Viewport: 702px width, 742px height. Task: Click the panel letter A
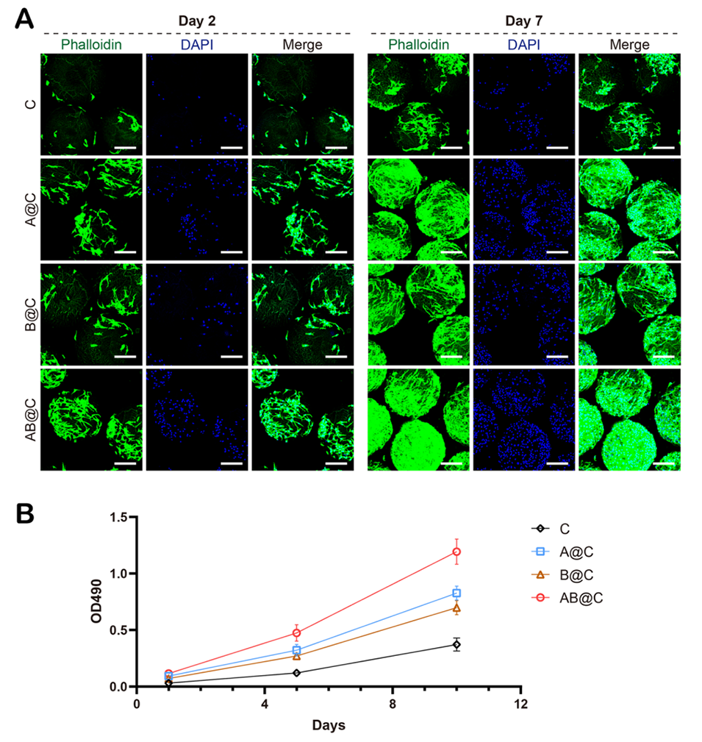pyautogui.click(x=24, y=18)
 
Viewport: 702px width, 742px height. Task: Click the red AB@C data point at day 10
pyautogui.click(x=456, y=552)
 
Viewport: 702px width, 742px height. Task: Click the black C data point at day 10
pyautogui.click(x=456, y=645)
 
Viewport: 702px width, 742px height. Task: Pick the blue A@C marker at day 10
pyautogui.click(x=456, y=593)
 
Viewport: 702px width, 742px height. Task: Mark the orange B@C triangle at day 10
pyautogui.click(x=456, y=607)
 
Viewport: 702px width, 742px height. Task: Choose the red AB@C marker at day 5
pyautogui.click(x=296, y=632)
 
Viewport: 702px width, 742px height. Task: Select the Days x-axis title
pyautogui.click(x=329, y=725)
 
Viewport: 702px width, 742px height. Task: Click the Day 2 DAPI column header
pyautogui.click(x=197, y=45)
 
